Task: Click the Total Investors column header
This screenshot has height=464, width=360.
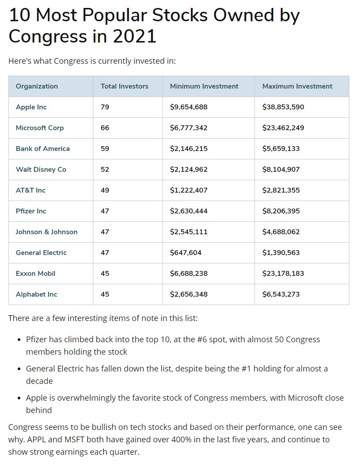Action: [124, 86]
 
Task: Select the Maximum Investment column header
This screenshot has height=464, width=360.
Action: [297, 86]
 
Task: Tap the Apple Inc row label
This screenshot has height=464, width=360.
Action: [31, 107]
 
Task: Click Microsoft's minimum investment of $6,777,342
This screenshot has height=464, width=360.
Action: [189, 128]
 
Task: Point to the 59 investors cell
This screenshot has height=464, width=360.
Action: [105, 149]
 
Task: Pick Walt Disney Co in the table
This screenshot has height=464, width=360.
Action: [41, 170]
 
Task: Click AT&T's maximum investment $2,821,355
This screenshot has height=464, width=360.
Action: [281, 190]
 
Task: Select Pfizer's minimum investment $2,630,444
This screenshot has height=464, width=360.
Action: [189, 211]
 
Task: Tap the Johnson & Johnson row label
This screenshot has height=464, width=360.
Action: [46, 232]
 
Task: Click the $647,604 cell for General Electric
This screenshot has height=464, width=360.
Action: [186, 253]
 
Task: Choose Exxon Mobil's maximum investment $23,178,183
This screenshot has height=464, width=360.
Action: [283, 274]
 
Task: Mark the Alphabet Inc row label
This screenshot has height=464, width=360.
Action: [36, 294]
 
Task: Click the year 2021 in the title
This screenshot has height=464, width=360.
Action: [135, 36]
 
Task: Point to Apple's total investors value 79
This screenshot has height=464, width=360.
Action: [105, 107]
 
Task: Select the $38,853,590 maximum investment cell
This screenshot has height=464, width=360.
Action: [283, 107]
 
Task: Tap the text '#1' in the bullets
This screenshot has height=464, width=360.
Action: [248, 369]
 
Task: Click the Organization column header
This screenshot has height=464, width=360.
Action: [37, 86]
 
